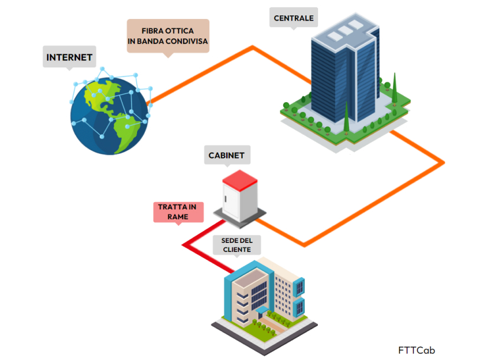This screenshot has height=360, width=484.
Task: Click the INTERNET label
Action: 69,57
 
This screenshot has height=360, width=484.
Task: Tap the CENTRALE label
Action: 293,18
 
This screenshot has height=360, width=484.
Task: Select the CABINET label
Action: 226,156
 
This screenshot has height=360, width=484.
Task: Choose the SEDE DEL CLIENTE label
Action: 236,245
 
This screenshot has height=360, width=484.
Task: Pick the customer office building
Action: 266,296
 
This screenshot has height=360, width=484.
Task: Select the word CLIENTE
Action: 236,250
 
